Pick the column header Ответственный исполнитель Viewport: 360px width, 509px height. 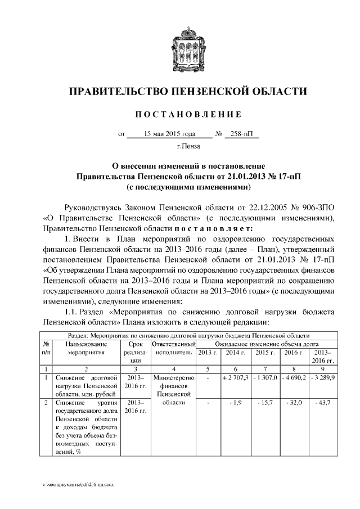coord(173,348)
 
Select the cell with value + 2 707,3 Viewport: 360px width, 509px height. coord(236,377)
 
